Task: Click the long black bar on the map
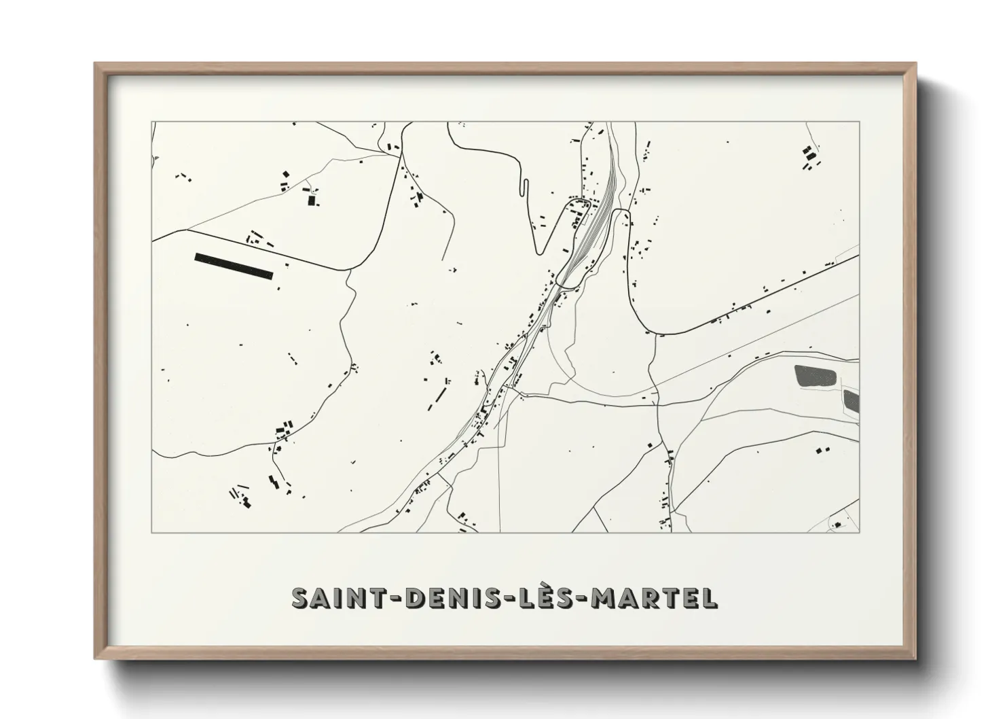click(x=234, y=266)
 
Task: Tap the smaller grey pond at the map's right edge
click(x=852, y=401)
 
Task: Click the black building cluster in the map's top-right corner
click(x=809, y=158)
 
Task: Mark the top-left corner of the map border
click(x=152, y=122)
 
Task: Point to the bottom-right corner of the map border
click(x=860, y=532)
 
